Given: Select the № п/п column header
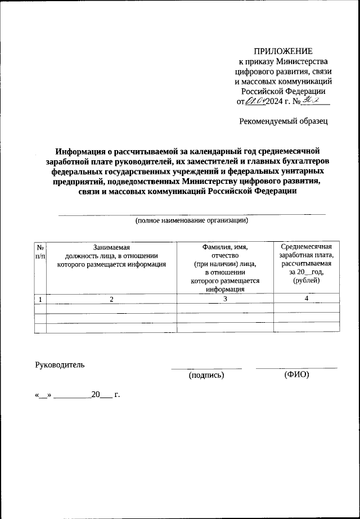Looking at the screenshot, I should pos(40,251).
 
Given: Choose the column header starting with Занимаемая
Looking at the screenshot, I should pos(112,256).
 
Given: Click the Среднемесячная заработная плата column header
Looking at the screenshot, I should pos(307,264).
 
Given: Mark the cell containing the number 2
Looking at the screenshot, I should pos(112,299).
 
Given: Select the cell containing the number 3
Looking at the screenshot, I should pos(225,299).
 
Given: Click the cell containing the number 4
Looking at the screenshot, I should pos(307,299).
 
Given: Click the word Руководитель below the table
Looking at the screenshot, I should pos(60,364).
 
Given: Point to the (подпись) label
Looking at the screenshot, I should pos(206,375).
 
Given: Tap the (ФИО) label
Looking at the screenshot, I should pos(297,375).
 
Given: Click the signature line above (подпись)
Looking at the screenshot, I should pos(206,368).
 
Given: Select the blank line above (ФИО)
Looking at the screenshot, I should pos(296,368).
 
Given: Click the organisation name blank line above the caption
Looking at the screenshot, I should pos(192,214).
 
